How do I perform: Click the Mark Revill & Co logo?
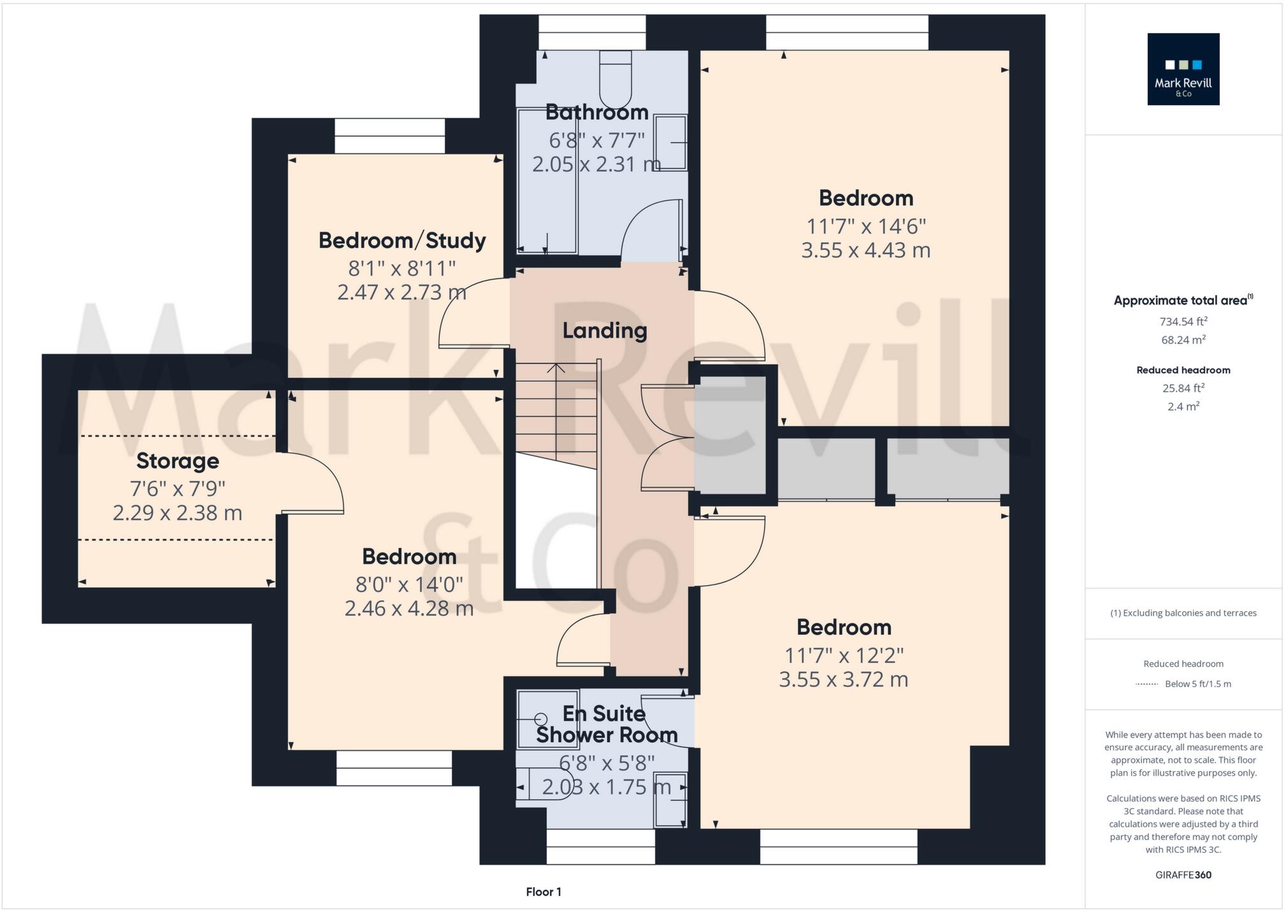[x=1183, y=69]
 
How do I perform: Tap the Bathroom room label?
[x=596, y=112]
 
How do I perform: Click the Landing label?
[x=604, y=330]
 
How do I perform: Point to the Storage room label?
[x=177, y=460]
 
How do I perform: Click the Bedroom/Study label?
[x=401, y=240]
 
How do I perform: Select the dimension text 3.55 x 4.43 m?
[x=865, y=250]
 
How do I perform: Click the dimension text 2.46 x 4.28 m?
[x=408, y=609]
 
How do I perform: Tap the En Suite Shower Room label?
[x=606, y=724]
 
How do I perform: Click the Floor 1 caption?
[x=543, y=892]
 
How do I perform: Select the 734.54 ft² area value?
[x=1183, y=321]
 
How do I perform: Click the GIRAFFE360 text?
[x=1183, y=875]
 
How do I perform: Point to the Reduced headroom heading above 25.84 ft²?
[x=1183, y=370]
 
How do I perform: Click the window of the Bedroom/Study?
[x=389, y=136]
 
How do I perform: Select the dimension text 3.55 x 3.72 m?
[x=843, y=679]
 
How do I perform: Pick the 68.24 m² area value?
[x=1183, y=340]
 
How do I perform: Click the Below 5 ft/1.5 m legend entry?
[x=1197, y=684]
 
